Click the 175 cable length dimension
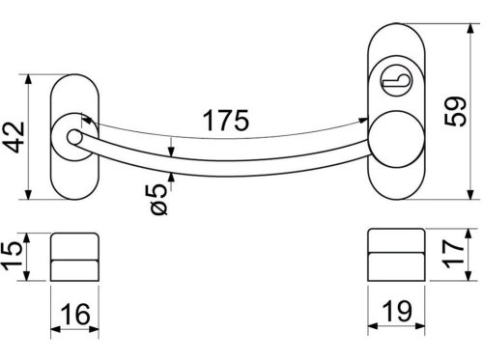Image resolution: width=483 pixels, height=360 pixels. point(226,121)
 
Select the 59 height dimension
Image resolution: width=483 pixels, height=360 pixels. point(455,111)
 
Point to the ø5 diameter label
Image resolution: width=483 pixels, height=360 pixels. point(158,200)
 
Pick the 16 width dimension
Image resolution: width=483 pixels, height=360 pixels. point(75,314)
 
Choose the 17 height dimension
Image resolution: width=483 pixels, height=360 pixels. point(453,254)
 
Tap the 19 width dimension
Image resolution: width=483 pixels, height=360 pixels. point(397,311)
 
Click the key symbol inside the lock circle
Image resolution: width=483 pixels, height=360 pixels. point(396,81)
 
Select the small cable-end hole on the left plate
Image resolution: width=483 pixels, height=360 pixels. point(75,137)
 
